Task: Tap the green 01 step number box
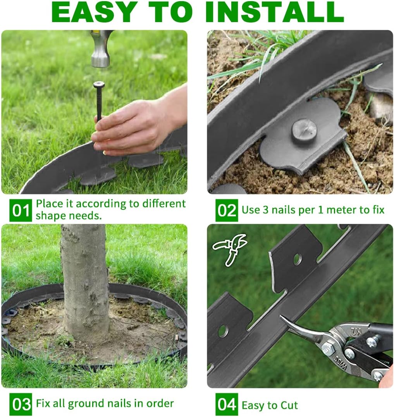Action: click(21, 210)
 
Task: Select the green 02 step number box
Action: click(227, 210)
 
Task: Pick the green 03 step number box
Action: click(21, 404)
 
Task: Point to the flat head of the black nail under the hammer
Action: click(99, 84)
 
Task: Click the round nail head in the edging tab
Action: click(304, 130)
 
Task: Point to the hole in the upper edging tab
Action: click(297, 259)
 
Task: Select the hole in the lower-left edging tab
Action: click(223, 331)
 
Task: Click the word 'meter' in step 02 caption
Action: click(334, 210)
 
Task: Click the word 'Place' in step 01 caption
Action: click(50, 204)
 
